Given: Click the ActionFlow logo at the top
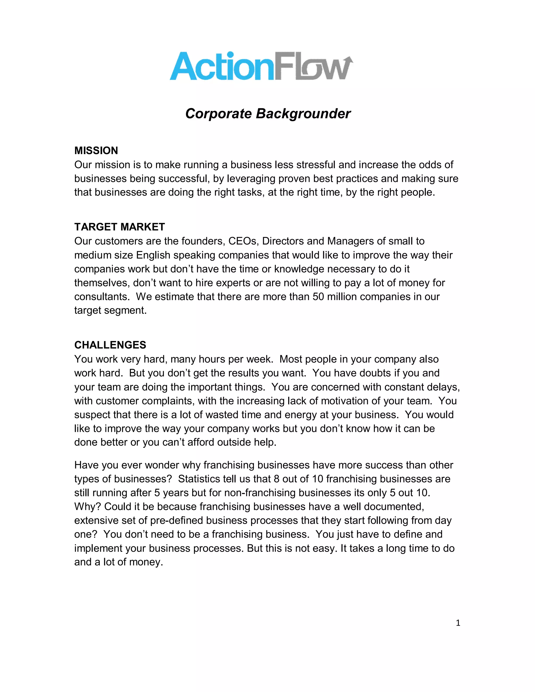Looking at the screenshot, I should pyautogui.click(x=261, y=66).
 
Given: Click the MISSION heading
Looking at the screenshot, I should pyautogui.click(x=96, y=150).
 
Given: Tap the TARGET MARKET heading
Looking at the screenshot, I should pyautogui.click(x=119, y=227).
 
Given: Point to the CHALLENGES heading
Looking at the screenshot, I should pyautogui.click(x=110, y=345).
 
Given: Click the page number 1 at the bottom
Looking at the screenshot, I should pyautogui.click(x=458, y=623).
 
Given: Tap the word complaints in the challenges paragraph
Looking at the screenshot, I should pyautogui.click(x=168, y=401).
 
